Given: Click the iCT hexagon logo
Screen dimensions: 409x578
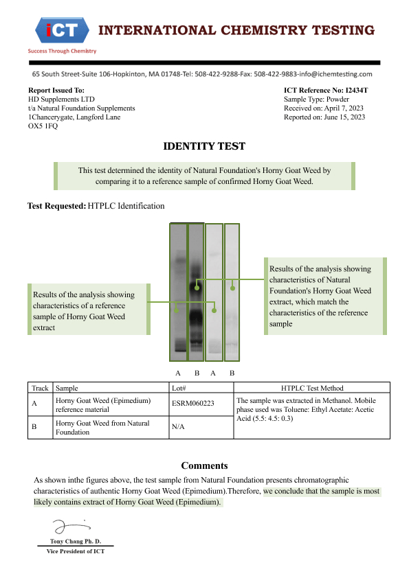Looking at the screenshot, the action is (x=62, y=30).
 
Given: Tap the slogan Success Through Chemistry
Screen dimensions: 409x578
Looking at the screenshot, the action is (x=62, y=51).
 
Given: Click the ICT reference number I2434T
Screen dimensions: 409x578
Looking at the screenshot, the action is (x=357, y=91).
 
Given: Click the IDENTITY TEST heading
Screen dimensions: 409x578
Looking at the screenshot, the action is (x=204, y=146).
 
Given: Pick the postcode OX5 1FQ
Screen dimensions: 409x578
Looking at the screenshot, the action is (x=43, y=126).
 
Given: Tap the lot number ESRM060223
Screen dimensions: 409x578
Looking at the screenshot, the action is (x=193, y=403).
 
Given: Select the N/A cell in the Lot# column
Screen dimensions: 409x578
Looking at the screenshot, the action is (x=178, y=426).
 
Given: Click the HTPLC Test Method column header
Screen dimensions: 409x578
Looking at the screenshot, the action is (x=312, y=388).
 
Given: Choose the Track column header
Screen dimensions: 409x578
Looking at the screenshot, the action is (x=40, y=388).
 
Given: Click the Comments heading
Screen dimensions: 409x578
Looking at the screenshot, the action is (x=205, y=465).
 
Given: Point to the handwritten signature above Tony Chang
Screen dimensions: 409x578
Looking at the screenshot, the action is (x=70, y=526).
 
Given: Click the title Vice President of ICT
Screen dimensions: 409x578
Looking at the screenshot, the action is (x=76, y=551).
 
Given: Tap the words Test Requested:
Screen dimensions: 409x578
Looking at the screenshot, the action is (x=57, y=206).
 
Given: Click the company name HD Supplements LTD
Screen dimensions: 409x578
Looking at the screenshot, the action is (x=61, y=99).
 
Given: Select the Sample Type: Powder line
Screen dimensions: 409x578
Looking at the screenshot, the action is (x=316, y=99).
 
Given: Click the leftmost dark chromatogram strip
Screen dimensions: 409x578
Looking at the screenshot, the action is (x=178, y=292).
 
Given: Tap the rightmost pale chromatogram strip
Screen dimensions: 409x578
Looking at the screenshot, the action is (x=232, y=292).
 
